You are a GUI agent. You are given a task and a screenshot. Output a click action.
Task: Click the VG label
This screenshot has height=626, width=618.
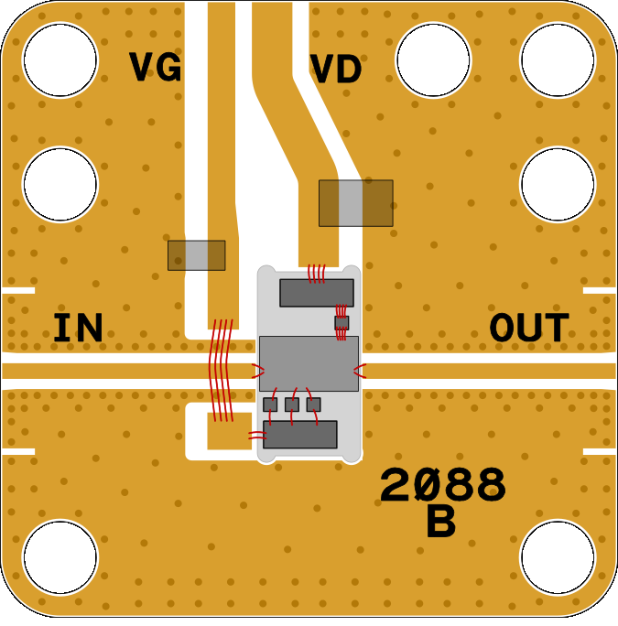(155, 68)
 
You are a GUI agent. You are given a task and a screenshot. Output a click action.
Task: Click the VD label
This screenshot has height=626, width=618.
(336, 70)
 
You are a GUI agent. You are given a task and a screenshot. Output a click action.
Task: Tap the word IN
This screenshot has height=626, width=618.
(78, 329)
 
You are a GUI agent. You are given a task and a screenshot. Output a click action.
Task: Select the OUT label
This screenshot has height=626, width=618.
(529, 329)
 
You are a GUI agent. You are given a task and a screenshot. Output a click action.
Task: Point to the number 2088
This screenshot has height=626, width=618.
(443, 486)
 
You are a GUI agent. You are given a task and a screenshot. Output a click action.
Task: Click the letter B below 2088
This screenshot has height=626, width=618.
(440, 523)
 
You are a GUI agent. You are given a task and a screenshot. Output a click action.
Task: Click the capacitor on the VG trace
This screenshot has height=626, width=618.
(196, 255)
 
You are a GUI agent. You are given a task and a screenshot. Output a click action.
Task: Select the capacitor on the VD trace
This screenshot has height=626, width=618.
(355, 203)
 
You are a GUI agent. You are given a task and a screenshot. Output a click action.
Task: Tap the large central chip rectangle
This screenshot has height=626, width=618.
(309, 363)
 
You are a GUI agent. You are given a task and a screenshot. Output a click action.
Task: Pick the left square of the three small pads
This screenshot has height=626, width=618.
(270, 404)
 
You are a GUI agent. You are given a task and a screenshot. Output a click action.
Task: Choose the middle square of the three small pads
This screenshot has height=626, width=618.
(292, 404)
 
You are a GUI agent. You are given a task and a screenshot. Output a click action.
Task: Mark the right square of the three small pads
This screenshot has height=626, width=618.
(313, 404)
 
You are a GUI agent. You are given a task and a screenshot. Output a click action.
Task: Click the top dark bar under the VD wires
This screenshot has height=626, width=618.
(316, 293)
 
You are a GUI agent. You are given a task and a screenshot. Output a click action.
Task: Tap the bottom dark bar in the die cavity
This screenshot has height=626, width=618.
(300, 434)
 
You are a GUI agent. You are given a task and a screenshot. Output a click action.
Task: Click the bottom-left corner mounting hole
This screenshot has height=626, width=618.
(60, 556)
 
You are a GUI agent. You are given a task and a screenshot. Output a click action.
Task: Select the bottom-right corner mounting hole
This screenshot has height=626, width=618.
(558, 556)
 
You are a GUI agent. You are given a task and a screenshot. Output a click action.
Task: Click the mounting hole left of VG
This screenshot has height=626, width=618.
(60, 58)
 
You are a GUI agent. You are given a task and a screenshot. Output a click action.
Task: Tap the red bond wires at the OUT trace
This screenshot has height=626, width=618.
(360, 371)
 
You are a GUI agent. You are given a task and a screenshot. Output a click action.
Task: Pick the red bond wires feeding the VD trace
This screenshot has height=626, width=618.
(317, 273)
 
